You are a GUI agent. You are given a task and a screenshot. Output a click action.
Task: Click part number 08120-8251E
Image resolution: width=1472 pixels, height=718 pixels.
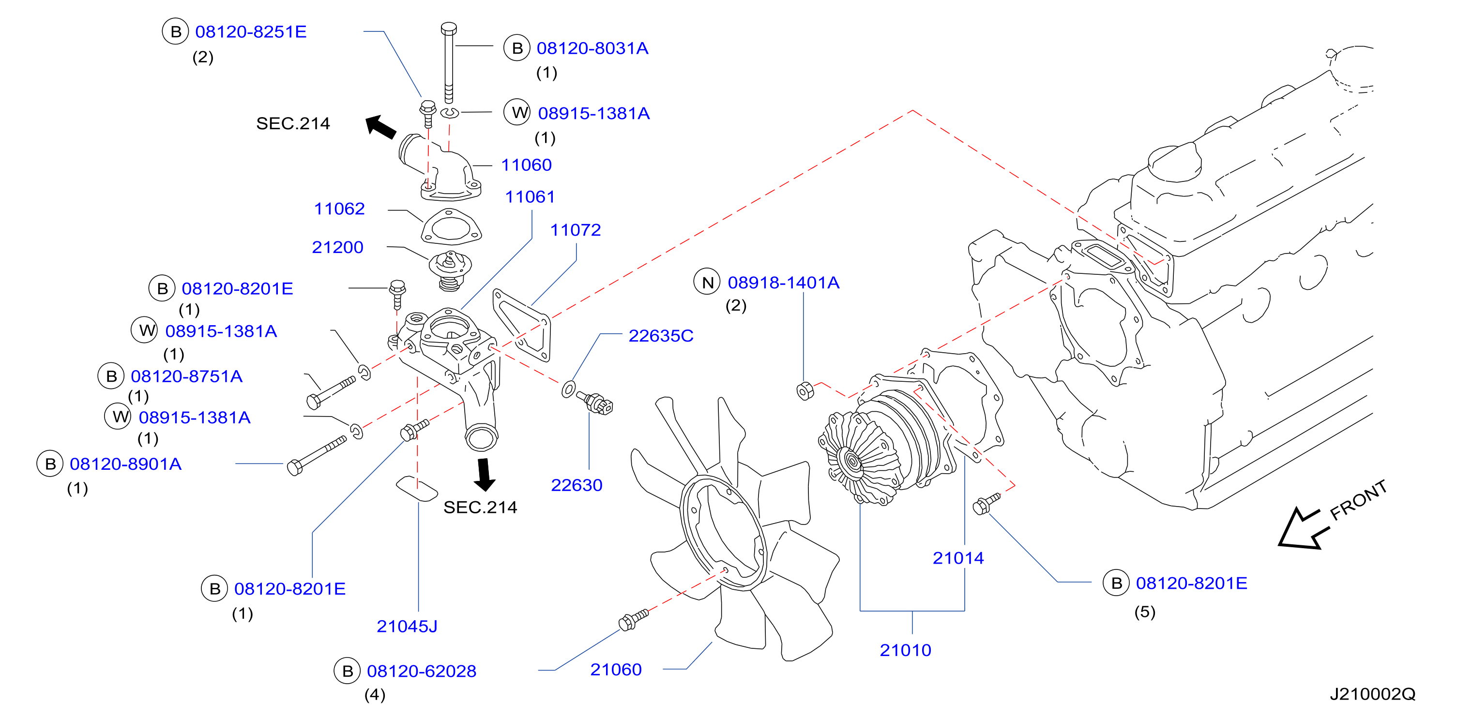click(x=251, y=31)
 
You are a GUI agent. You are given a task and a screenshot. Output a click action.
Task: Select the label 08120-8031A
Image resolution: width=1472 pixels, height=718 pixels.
click(x=592, y=48)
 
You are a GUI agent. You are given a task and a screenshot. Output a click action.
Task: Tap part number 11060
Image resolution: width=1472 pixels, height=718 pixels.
click(x=526, y=165)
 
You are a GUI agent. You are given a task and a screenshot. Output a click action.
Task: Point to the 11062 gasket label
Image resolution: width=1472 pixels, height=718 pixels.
click(x=339, y=209)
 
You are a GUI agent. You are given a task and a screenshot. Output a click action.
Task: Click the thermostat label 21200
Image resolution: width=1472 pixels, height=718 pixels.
click(x=338, y=247)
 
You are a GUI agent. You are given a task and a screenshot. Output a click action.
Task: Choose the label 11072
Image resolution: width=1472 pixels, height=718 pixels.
click(x=576, y=230)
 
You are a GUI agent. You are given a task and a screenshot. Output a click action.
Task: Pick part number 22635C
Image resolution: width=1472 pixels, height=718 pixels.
click(x=661, y=336)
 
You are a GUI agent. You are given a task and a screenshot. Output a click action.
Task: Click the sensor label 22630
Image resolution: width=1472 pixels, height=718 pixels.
click(x=577, y=485)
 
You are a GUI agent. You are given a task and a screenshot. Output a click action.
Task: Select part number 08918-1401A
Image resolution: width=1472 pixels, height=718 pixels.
click(x=783, y=283)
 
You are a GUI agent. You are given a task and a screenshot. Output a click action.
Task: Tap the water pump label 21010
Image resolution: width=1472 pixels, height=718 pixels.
click(x=905, y=650)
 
